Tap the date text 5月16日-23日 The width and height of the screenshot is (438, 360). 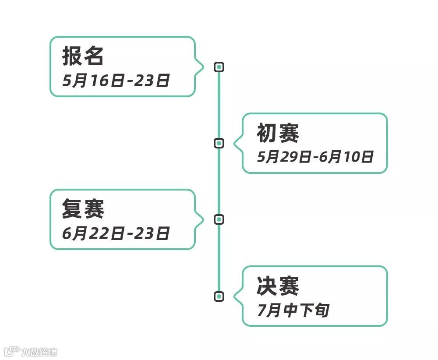(116, 81)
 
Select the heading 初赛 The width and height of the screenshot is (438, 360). (278, 133)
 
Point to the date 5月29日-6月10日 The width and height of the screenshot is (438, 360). (315, 157)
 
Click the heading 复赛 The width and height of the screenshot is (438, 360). (83, 208)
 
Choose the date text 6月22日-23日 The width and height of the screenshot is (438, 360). (116, 233)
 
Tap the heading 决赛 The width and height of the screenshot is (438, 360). (278, 286)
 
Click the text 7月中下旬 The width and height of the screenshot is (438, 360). (293, 310)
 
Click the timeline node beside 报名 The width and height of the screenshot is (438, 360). (219, 67)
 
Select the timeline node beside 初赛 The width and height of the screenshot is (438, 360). (219, 143)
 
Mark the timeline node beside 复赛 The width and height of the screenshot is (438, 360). (219, 219)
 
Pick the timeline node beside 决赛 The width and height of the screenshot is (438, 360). (219, 296)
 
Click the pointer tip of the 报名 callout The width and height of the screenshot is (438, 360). (204, 67)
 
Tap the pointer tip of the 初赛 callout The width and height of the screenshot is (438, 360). (234, 143)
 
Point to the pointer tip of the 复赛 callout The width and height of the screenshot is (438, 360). (204, 219)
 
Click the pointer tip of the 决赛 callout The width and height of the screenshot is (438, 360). (234, 296)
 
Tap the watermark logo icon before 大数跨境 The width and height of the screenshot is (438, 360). (11, 351)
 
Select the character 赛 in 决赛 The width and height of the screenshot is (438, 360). (289, 286)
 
